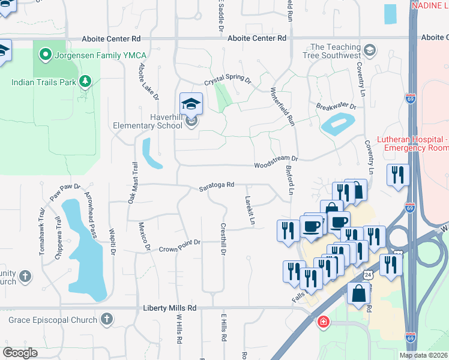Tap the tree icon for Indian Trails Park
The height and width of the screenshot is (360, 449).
(85, 80)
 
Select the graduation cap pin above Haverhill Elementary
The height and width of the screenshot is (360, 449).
(191, 104)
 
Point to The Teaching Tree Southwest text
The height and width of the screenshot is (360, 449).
(335, 52)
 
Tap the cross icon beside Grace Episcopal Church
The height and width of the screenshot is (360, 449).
(106, 319)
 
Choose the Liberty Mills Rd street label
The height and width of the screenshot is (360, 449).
(170, 308)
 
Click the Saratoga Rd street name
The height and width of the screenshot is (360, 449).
(216, 187)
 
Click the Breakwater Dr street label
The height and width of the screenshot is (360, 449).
(336, 107)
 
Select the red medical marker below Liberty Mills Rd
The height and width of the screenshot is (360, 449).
(324, 322)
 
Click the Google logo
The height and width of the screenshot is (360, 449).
(20, 353)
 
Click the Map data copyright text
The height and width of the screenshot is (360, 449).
(423, 355)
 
